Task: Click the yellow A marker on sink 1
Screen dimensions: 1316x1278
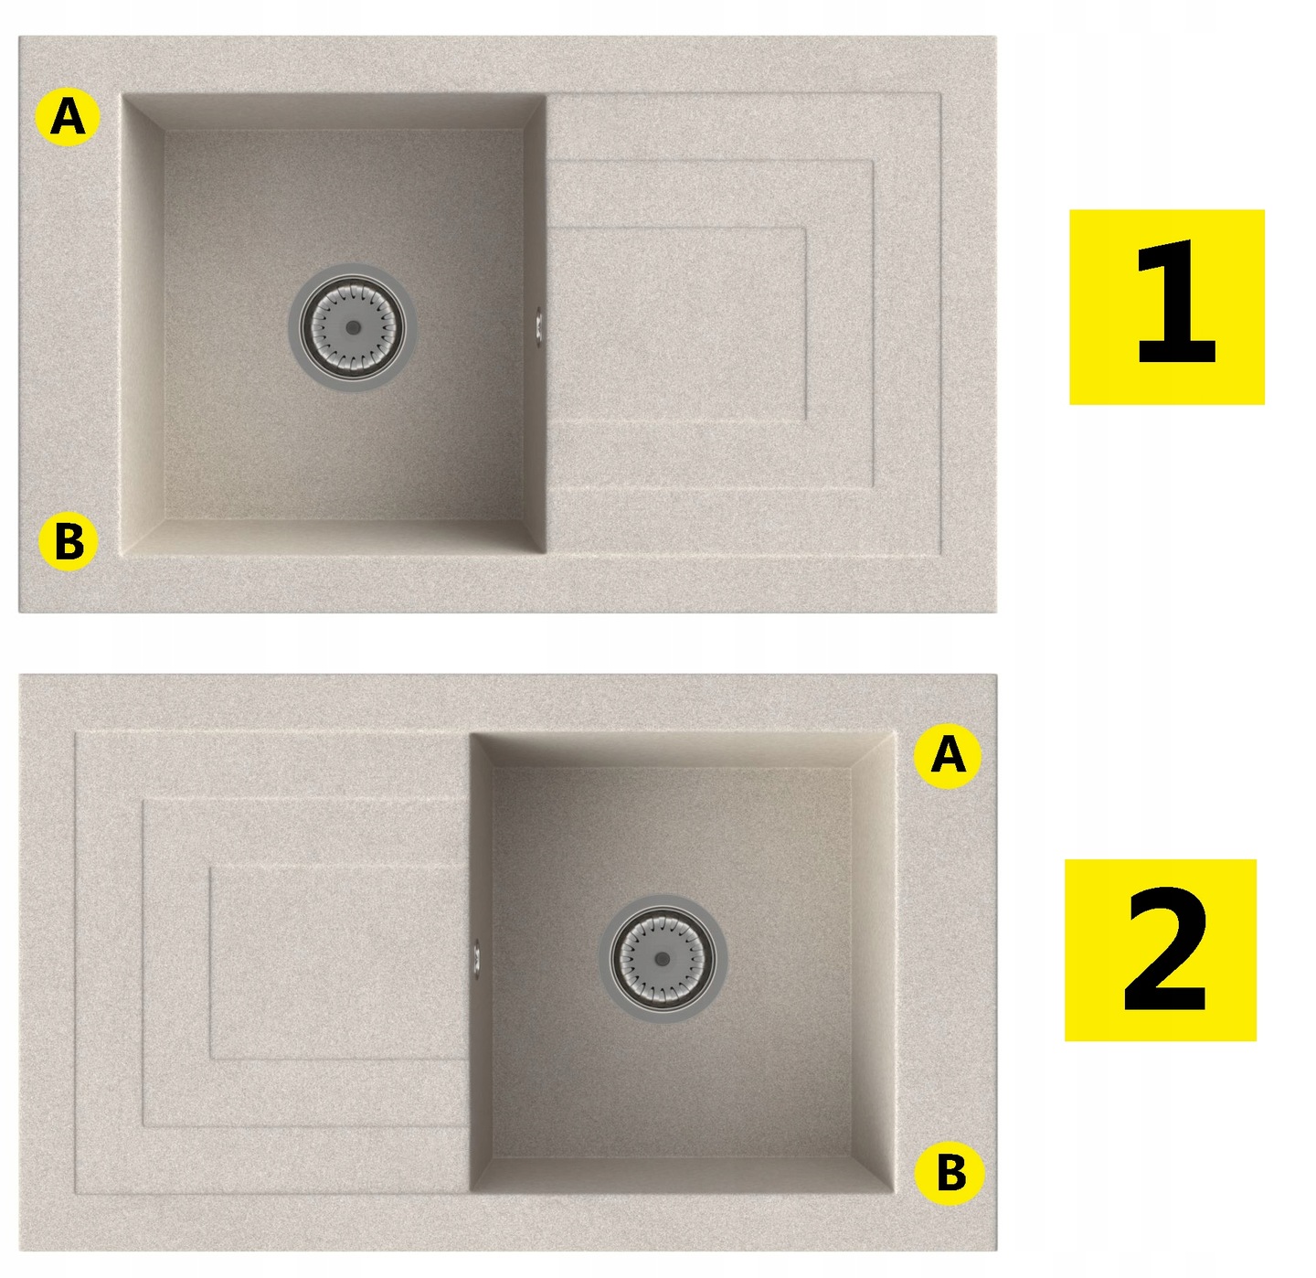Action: [x=68, y=118]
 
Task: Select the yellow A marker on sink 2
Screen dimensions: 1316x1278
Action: [x=948, y=756]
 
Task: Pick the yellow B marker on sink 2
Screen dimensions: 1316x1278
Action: [x=950, y=1173]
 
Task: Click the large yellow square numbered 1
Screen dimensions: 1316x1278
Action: [x=1166, y=307]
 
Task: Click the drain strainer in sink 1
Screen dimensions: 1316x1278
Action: [x=353, y=327]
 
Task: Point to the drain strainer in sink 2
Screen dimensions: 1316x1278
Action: [x=663, y=959]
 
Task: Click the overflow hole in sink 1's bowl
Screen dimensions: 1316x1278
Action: [x=539, y=327]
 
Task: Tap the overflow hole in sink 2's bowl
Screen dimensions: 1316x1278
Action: [x=476, y=958]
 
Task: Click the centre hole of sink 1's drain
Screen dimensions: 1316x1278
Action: [x=353, y=327]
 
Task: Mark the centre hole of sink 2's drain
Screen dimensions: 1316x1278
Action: [x=663, y=959]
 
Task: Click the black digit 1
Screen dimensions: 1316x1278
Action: [x=1175, y=303]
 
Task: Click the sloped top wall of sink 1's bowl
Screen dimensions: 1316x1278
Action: [x=334, y=112]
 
